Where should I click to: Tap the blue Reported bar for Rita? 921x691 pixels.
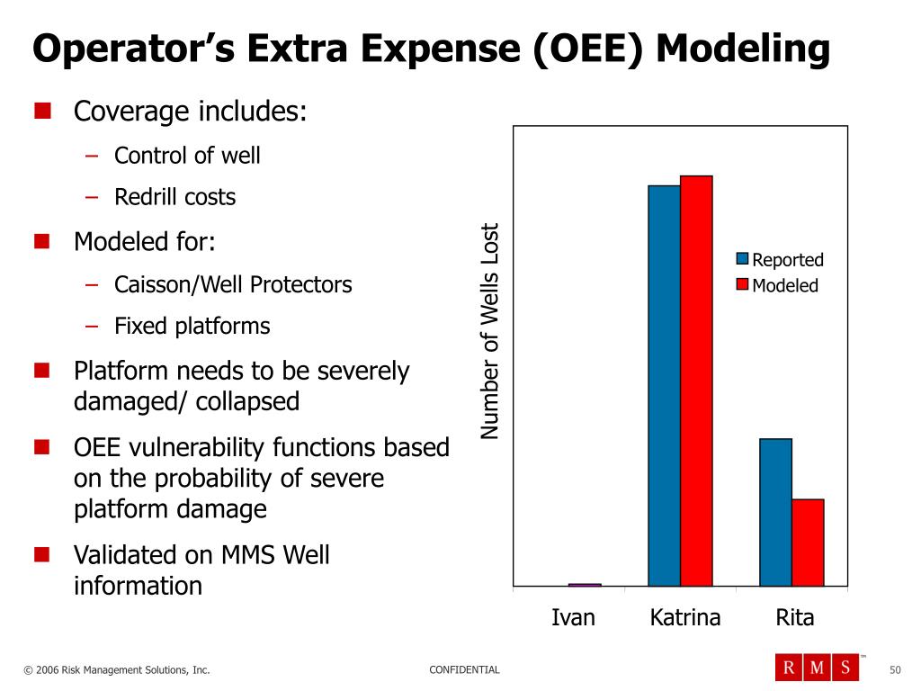pos(775,512)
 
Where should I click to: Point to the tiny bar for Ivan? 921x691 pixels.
pos(585,585)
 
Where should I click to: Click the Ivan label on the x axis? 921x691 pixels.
pos(573,618)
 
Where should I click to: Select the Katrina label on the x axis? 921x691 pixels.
pos(685,618)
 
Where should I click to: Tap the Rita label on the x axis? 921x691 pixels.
pos(794,618)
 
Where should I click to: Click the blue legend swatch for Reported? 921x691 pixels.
pos(742,259)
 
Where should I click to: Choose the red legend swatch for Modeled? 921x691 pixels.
pos(742,284)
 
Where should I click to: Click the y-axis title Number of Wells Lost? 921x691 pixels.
pos(489,331)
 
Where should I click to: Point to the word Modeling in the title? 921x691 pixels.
pos(743,49)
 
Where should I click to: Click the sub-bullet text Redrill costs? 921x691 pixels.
pos(174,197)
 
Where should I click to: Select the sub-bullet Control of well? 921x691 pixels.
pos(187,156)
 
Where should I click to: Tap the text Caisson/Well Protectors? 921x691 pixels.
pos(233,284)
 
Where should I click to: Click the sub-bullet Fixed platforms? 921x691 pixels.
pos(192,326)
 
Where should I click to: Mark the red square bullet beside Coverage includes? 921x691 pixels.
pos(42,112)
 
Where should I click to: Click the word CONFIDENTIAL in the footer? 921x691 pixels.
pos(464,669)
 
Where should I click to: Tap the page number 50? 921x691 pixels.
pos(894,669)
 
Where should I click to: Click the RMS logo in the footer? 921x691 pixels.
pos(817,667)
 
